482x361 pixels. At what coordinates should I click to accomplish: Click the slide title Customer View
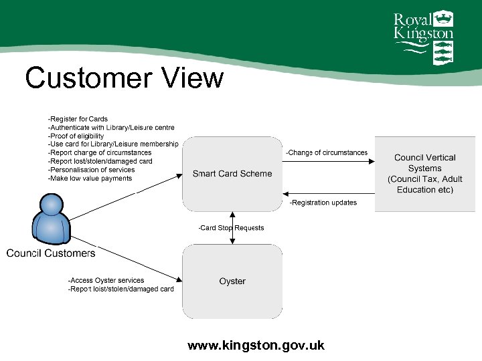click(x=124, y=78)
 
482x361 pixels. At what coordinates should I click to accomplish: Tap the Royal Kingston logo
click(x=423, y=37)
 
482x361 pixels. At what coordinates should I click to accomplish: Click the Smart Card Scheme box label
click(x=232, y=174)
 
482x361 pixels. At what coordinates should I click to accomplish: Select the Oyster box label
click(x=232, y=281)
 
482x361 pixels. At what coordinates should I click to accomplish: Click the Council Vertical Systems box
click(x=425, y=174)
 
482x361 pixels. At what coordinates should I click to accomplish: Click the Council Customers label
click(x=51, y=253)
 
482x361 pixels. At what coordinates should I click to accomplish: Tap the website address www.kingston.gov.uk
click(x=256, y=346)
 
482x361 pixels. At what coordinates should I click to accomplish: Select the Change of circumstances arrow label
click(x=327, y=153)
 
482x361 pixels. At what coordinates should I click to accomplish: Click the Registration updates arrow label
click(x=323, y=203)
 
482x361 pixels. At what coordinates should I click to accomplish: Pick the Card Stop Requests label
click(x=231, y=228)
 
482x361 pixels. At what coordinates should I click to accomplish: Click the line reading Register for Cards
click(x=78, y=119)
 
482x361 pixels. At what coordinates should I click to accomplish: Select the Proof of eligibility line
click(x=76, y=136)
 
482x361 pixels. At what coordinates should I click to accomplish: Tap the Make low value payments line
click(x=90, y=178)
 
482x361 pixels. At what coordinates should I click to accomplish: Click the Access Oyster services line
click(x=106, y=281)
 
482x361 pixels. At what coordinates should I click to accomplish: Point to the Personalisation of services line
click(x=91, y=170)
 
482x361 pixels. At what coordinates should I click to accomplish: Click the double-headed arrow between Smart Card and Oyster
click(x=232, y=227)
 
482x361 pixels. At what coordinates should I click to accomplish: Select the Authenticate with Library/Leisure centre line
click(x=111, y=128)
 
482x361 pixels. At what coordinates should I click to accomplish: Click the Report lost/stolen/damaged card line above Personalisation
click(x=100, y=161)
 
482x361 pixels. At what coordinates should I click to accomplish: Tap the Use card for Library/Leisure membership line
click(x=113, y=144)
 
